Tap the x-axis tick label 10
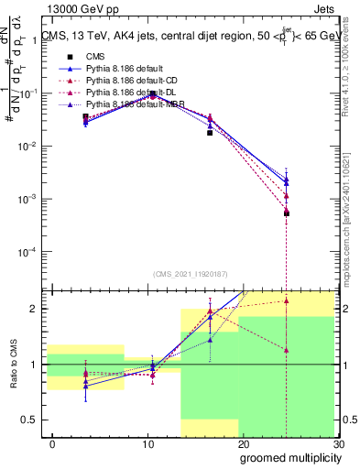point(147,444)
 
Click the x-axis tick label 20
point(243,444)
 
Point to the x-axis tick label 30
point(337,444)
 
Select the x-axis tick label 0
point(52,444)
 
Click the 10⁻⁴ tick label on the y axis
point(26,252)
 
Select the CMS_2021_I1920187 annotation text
point(191,273)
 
